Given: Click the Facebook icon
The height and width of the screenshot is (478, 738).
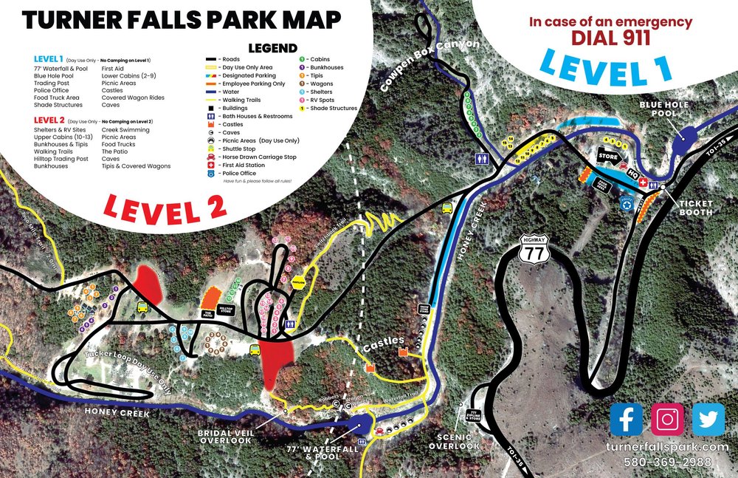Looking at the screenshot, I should click(x=626, y=419).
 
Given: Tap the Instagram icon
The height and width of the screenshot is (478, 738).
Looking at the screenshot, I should click(x=667, y=419).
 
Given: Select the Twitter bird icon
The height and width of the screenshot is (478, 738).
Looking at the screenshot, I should click(x=708, y=419).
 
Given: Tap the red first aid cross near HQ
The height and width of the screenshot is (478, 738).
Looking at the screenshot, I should click(x=643, y=182).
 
